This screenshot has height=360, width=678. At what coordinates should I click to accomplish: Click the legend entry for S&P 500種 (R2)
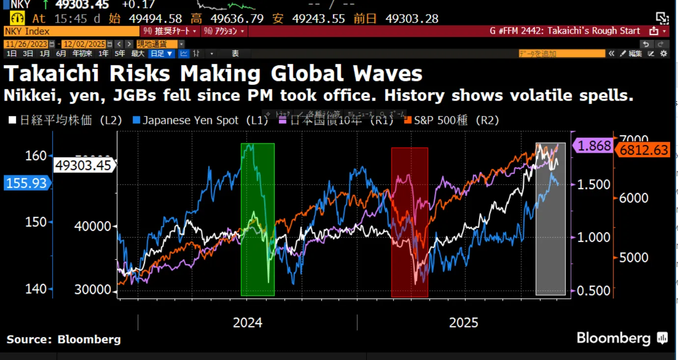(x=451, y=120)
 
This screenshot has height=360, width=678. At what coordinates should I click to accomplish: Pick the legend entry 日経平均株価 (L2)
(x=66, y=120)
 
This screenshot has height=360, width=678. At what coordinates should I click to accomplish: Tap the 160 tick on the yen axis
(x=36, y=156)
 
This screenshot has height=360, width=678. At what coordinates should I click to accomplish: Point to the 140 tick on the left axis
(x=36, y=289)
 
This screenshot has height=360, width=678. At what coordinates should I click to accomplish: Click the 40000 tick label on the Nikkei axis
(x=92, y=226)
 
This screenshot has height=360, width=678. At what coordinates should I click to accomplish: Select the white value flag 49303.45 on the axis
(x=83, y=165)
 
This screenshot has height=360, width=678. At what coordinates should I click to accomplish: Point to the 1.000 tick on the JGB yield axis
(x=593, y=237)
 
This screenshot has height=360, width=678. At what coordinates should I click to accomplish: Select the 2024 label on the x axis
(x=248, y=323)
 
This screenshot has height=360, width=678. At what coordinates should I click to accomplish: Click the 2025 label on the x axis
(x=463, y=323)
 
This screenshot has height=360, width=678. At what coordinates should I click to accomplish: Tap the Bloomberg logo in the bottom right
(x=621, y=338)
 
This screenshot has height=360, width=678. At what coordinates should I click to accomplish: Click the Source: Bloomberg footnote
(x=63, y=339)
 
